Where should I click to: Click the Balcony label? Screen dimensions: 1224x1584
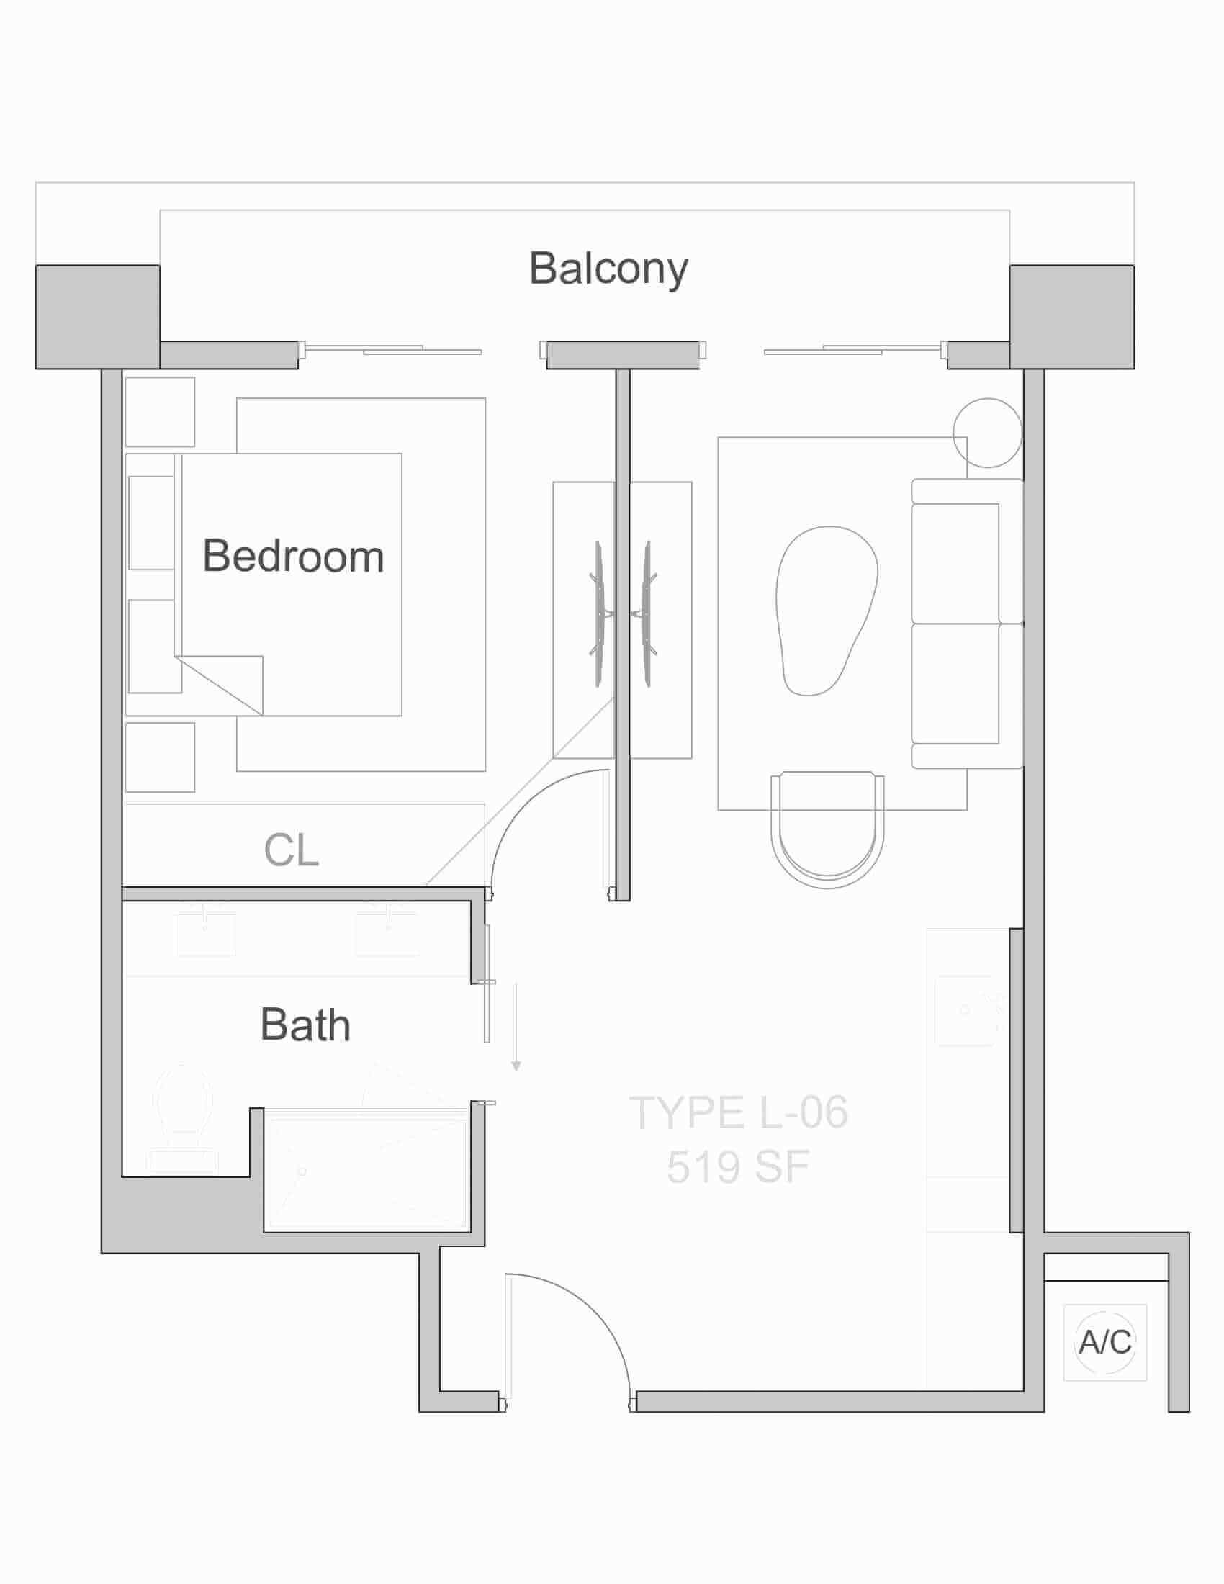608,269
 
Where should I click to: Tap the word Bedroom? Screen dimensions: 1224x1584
293,557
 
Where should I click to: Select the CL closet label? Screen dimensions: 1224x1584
292,850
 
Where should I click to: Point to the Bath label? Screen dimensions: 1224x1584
305,1024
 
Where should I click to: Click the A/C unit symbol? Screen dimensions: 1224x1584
1105,1343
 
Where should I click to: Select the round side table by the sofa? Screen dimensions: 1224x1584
988,433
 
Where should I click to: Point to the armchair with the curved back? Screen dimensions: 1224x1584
827,829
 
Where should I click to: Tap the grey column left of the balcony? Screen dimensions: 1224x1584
98,317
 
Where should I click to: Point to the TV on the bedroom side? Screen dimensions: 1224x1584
598,613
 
